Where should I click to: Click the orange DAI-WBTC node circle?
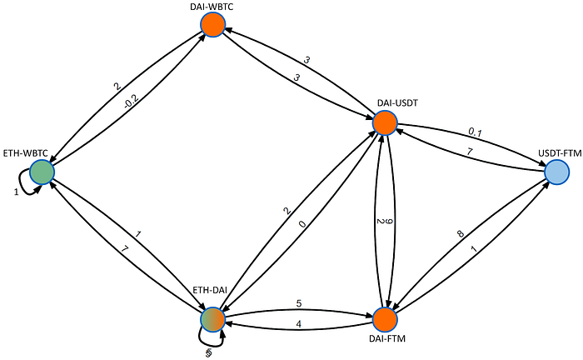213,24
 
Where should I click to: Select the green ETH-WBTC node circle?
42,172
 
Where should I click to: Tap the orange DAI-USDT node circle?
385,123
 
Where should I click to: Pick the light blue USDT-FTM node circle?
557,172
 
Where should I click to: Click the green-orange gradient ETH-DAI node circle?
213,318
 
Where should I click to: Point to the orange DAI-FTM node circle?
385,319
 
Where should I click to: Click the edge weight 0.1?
476,131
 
